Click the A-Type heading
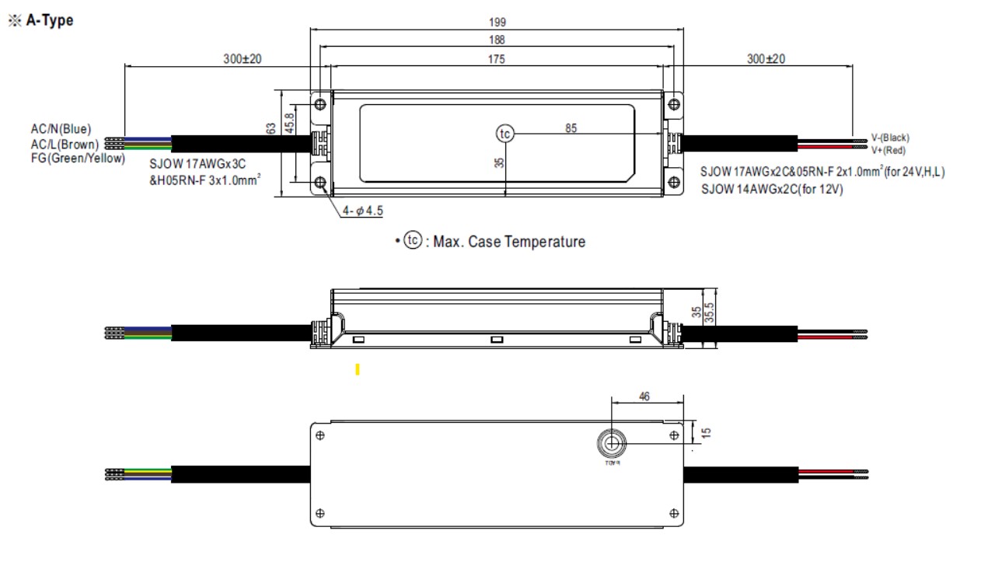click(49, 21)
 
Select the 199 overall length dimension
click(497, 23)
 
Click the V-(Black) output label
click(890, 138)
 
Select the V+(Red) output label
click(888, 150)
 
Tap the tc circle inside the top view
click(505, 134)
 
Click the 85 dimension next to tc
click(571, 129)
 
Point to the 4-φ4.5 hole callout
click(362, 212)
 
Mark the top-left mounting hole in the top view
click(320, 103)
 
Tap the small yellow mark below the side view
click(357, 369)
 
